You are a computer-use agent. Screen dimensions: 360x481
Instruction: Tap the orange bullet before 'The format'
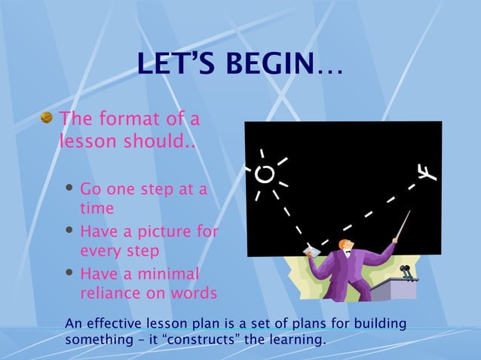[47, 118]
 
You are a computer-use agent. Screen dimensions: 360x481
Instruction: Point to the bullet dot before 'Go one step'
[69, 189]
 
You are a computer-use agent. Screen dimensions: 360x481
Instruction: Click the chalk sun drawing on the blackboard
[265, 175]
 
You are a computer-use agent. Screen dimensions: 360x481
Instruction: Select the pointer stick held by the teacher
[401, 225]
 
